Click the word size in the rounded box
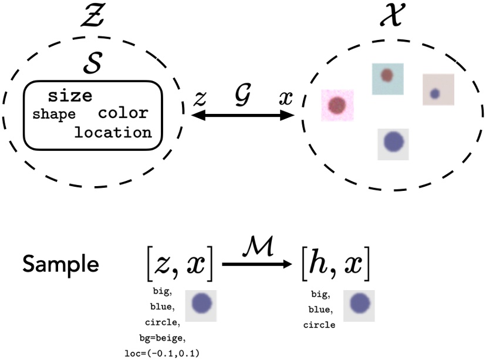pos(70,96)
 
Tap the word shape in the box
pos(54,115)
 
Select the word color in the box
pos(123,113)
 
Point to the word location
pos(113,132)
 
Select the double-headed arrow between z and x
pos(243,116)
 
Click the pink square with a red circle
pos(337,105)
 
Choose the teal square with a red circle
pos(387,78)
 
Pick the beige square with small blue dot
pos(438,89)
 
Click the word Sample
pos(60,264)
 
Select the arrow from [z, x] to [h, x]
pos(256,265)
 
